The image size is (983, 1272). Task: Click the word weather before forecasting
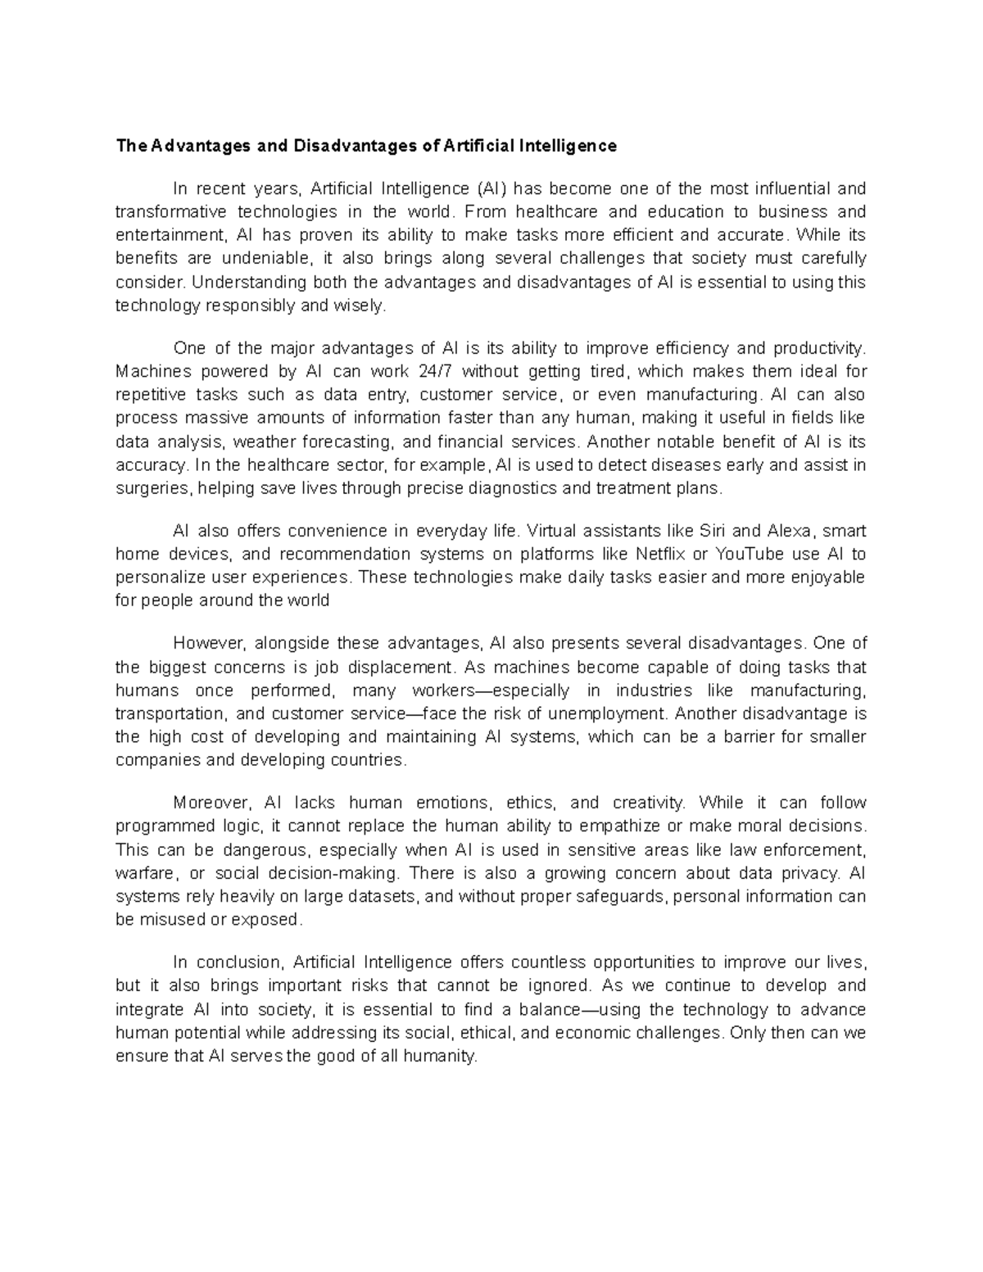click(264, 441)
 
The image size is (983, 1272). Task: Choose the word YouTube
click(750, 554)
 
